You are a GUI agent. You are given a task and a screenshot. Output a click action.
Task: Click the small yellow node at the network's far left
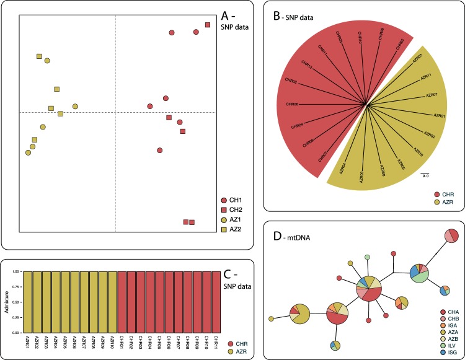point(271,319)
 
